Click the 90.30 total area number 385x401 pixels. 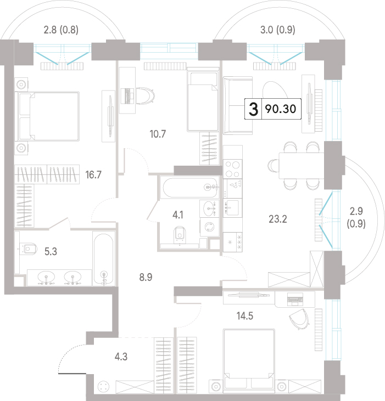[x=281, y=109]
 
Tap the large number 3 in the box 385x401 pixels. [x=253, y=109]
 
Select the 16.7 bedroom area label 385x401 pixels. [x=93, y=175]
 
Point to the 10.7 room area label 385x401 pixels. [x=158, y=134]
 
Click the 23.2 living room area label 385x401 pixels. [x=278, y=219]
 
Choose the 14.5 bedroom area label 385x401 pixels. [x=245, y=316]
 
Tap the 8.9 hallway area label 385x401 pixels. [x=146, y=277]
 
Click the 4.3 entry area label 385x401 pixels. [x=121, y=357]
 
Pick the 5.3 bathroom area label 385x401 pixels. [x=51, y=252]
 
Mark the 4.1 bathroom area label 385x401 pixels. [x=178, y=215]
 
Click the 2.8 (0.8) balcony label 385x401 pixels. [x=61, y=30]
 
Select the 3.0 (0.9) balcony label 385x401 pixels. [x=278, y=30]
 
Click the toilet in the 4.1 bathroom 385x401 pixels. [x=180, y=235]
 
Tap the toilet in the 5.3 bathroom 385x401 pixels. [x=28, y=248]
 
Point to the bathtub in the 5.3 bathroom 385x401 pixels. [x=103, y=259]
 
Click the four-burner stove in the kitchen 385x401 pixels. [x=233, y=168]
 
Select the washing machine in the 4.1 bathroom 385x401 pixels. [x=209, y=227]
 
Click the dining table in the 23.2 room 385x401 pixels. [x=302, y=166]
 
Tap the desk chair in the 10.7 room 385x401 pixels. [x=146, y=96]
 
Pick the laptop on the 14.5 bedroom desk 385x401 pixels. [x=295, y=299]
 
